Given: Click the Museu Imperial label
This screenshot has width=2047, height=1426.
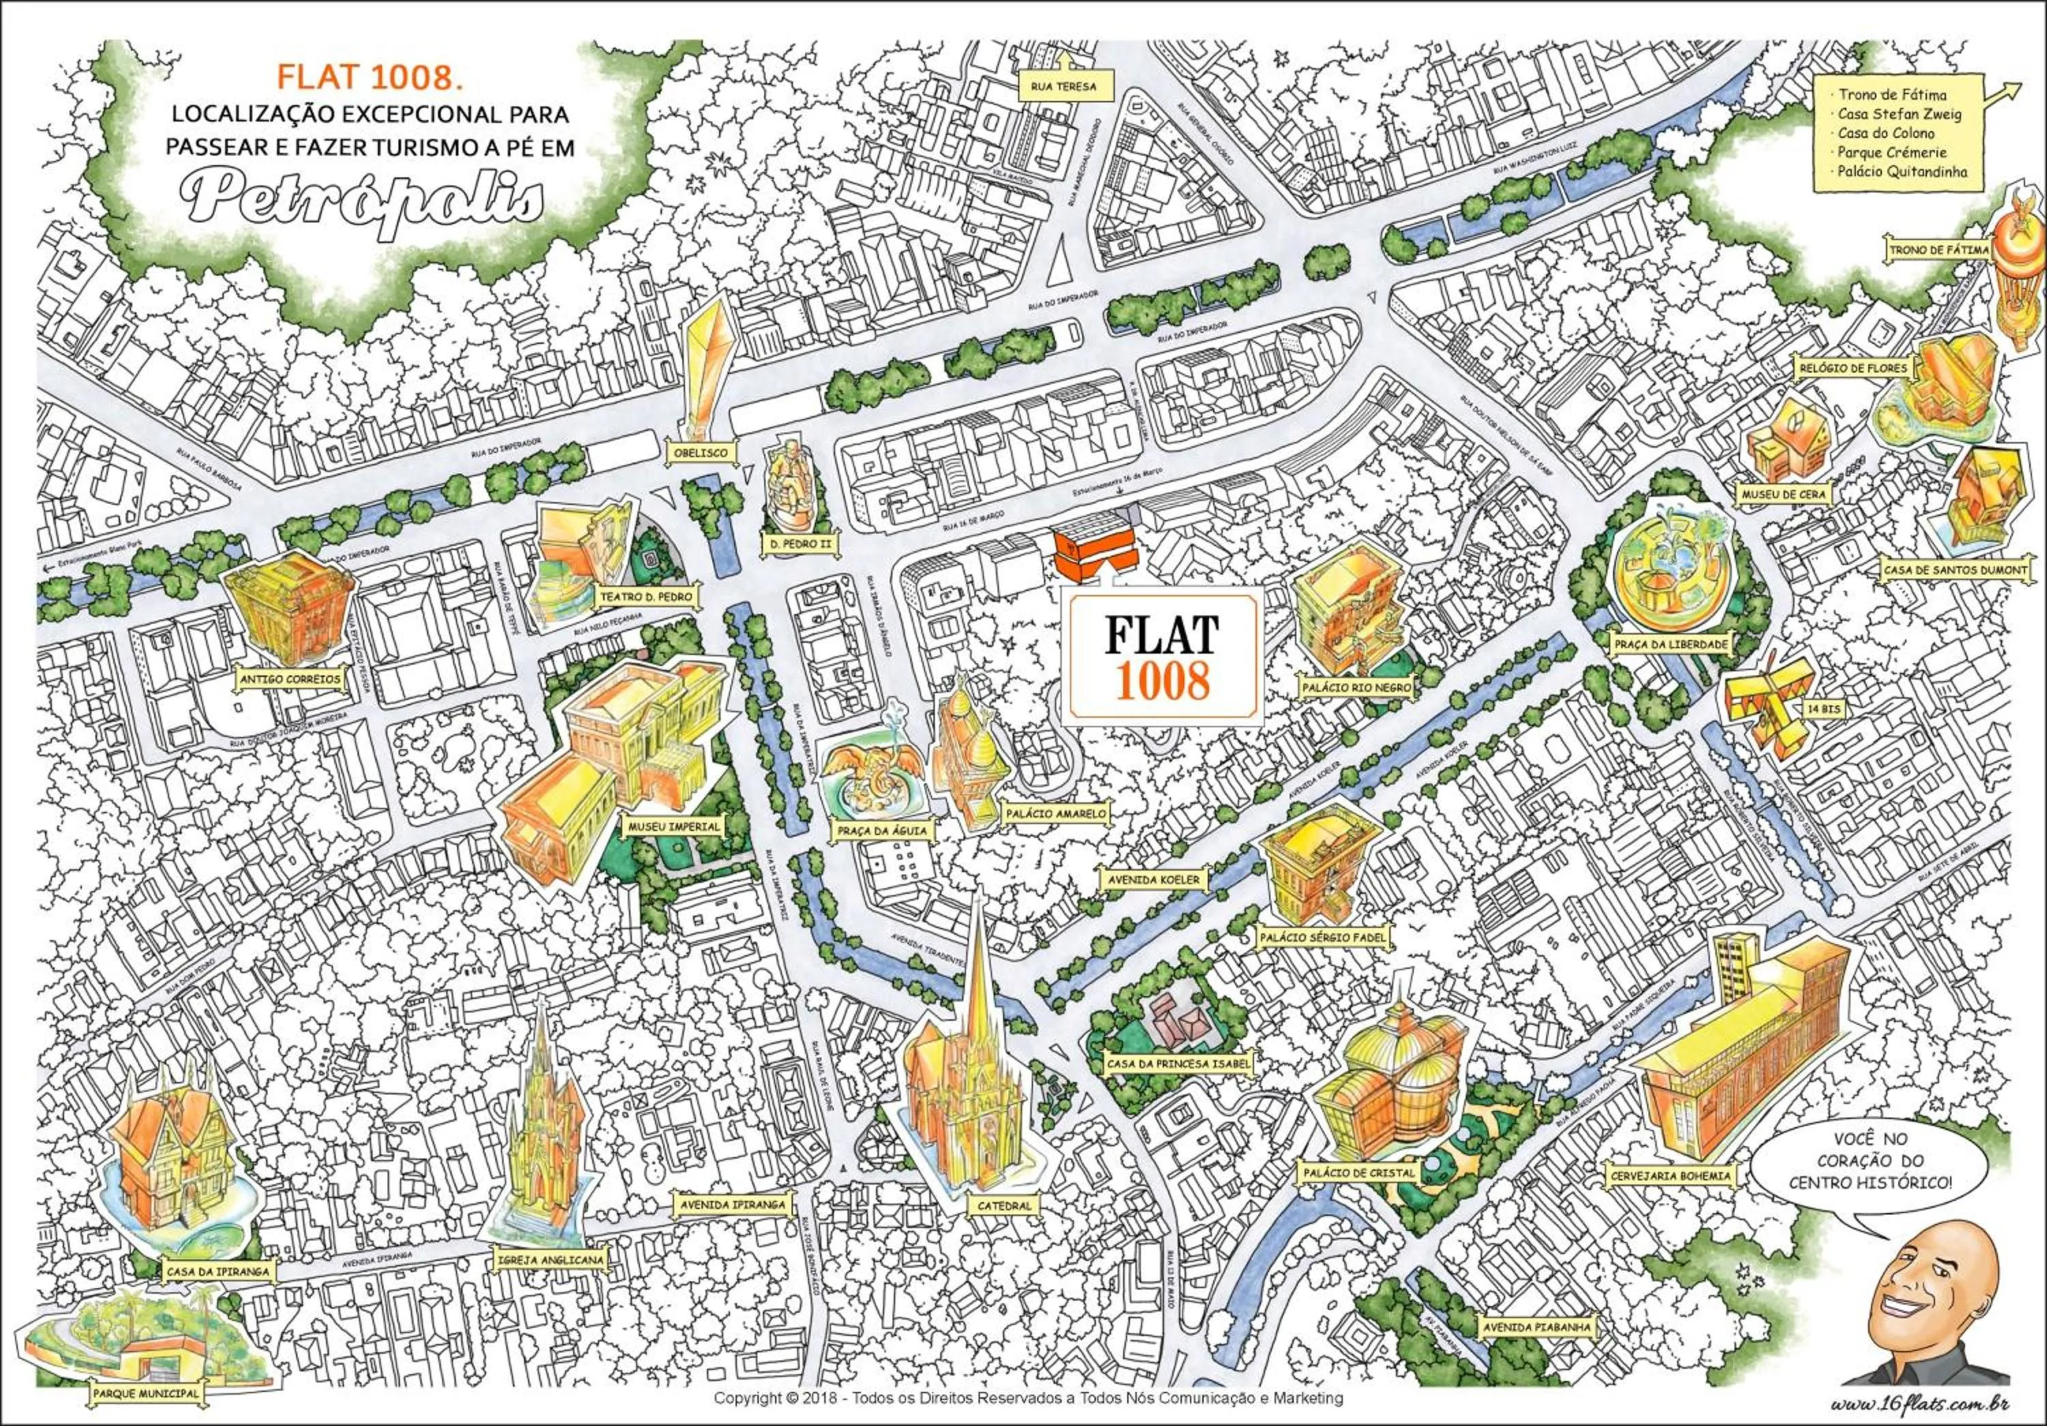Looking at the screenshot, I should [x=674, y=826].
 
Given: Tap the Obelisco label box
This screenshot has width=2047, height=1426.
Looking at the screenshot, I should [x=701, y=453].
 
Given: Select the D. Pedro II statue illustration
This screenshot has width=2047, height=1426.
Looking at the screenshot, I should [x=791, y=486].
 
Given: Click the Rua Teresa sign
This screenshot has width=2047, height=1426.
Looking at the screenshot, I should [x=1058, y=87].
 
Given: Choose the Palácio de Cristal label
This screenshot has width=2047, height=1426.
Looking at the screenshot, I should [x=1358, y=1173].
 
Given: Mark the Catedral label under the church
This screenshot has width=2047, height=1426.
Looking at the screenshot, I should [x=1003, y=1206].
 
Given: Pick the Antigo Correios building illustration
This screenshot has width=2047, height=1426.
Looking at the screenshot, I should [x=287, y=596].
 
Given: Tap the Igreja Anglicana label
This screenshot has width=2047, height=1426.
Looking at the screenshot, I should [x=551, y=1260].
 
